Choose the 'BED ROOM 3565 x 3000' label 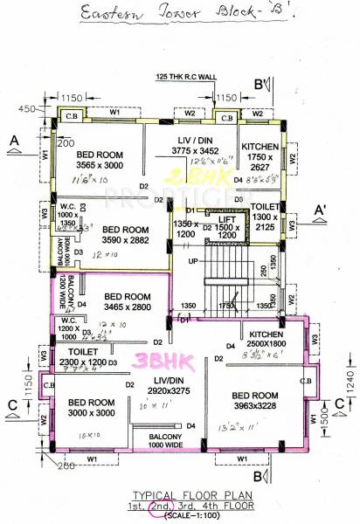100,160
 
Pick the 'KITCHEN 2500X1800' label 271,341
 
